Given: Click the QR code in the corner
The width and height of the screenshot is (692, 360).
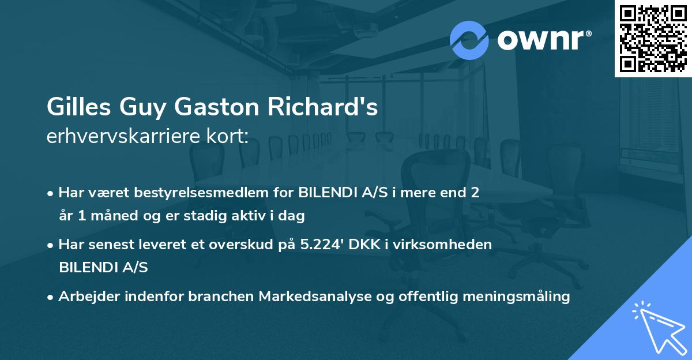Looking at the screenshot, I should pos(653,39).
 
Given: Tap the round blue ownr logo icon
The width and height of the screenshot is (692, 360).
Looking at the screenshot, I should pos(469,40).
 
